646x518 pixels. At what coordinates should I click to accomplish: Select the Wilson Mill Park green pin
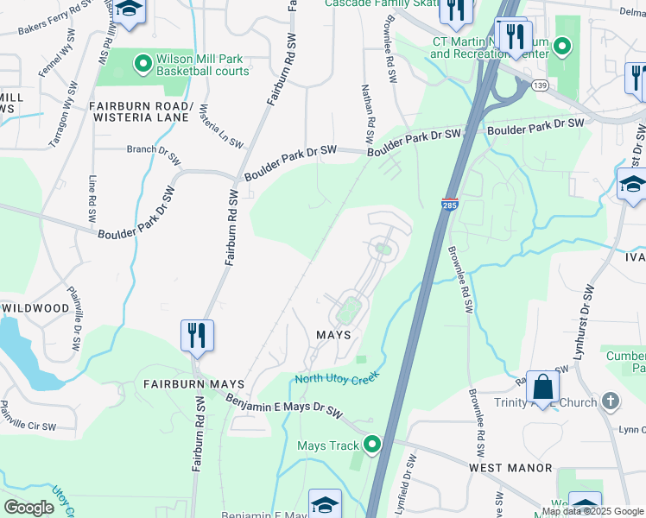143,63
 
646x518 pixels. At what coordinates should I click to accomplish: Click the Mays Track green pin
372,445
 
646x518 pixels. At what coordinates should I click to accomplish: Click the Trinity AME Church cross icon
611,401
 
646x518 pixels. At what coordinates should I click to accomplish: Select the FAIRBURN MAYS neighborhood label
193,383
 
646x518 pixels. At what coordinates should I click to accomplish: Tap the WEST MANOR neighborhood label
510,468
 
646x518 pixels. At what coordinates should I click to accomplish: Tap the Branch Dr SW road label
154,155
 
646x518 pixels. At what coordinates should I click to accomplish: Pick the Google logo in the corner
29,508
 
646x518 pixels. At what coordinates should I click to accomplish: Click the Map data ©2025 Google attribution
592,511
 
